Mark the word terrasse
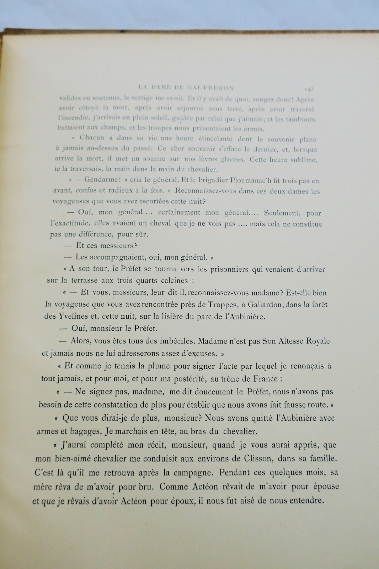(84, 280)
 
